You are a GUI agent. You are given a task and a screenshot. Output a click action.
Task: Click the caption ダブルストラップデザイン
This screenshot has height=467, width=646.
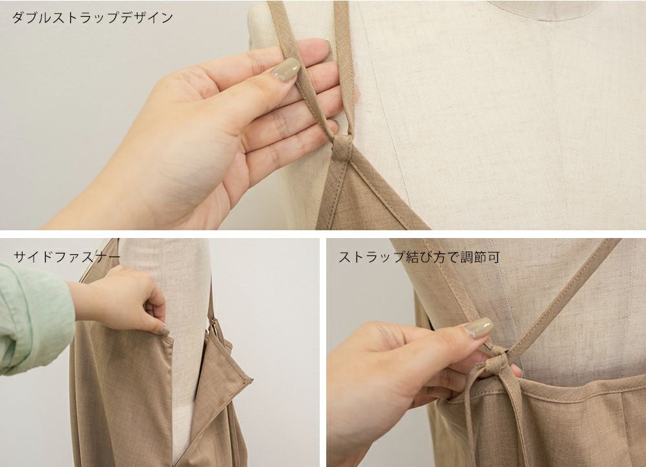click(x=92, y=17)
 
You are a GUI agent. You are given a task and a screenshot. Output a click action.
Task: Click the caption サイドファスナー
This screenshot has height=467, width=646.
click(x=67, y=257)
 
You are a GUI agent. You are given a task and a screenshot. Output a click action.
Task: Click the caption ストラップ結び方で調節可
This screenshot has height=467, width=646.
click(x=419, y=257)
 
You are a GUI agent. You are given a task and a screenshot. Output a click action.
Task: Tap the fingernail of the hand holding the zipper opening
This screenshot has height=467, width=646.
click(x=163, y=331)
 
